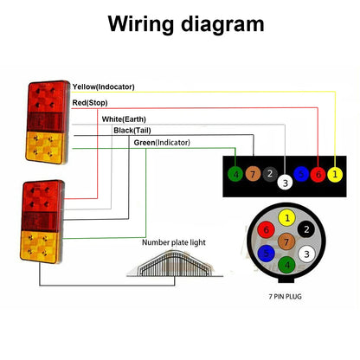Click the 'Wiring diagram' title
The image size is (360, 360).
click(186, 24)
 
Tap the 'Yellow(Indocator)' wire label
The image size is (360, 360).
click(104, 87)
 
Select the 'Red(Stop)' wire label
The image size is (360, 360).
click(90, 103)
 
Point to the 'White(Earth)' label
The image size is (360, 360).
click(124, 119)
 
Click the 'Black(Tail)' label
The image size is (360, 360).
click(132, 131)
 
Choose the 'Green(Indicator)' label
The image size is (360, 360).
click(162, 143)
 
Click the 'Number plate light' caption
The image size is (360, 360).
click(174, 242)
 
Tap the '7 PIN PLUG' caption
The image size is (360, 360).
click(285, 296)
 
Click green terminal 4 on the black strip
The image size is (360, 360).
click(235, 174)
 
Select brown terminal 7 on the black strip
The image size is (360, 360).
click(253, 174)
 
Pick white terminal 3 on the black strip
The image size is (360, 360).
click(285, 183)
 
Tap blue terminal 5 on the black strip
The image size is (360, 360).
click(301, 174)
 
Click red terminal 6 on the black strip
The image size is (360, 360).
click(318, 174)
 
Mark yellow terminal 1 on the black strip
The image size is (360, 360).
click(335, 174)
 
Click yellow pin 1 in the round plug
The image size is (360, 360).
click(286, 218)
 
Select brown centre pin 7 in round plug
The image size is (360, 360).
click(286, 241)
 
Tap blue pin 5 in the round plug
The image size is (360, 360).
click(266, 254)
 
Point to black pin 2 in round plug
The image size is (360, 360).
click(306, 229)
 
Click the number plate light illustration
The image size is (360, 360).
click(175, 263)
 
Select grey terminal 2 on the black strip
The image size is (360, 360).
click(270, 174)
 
